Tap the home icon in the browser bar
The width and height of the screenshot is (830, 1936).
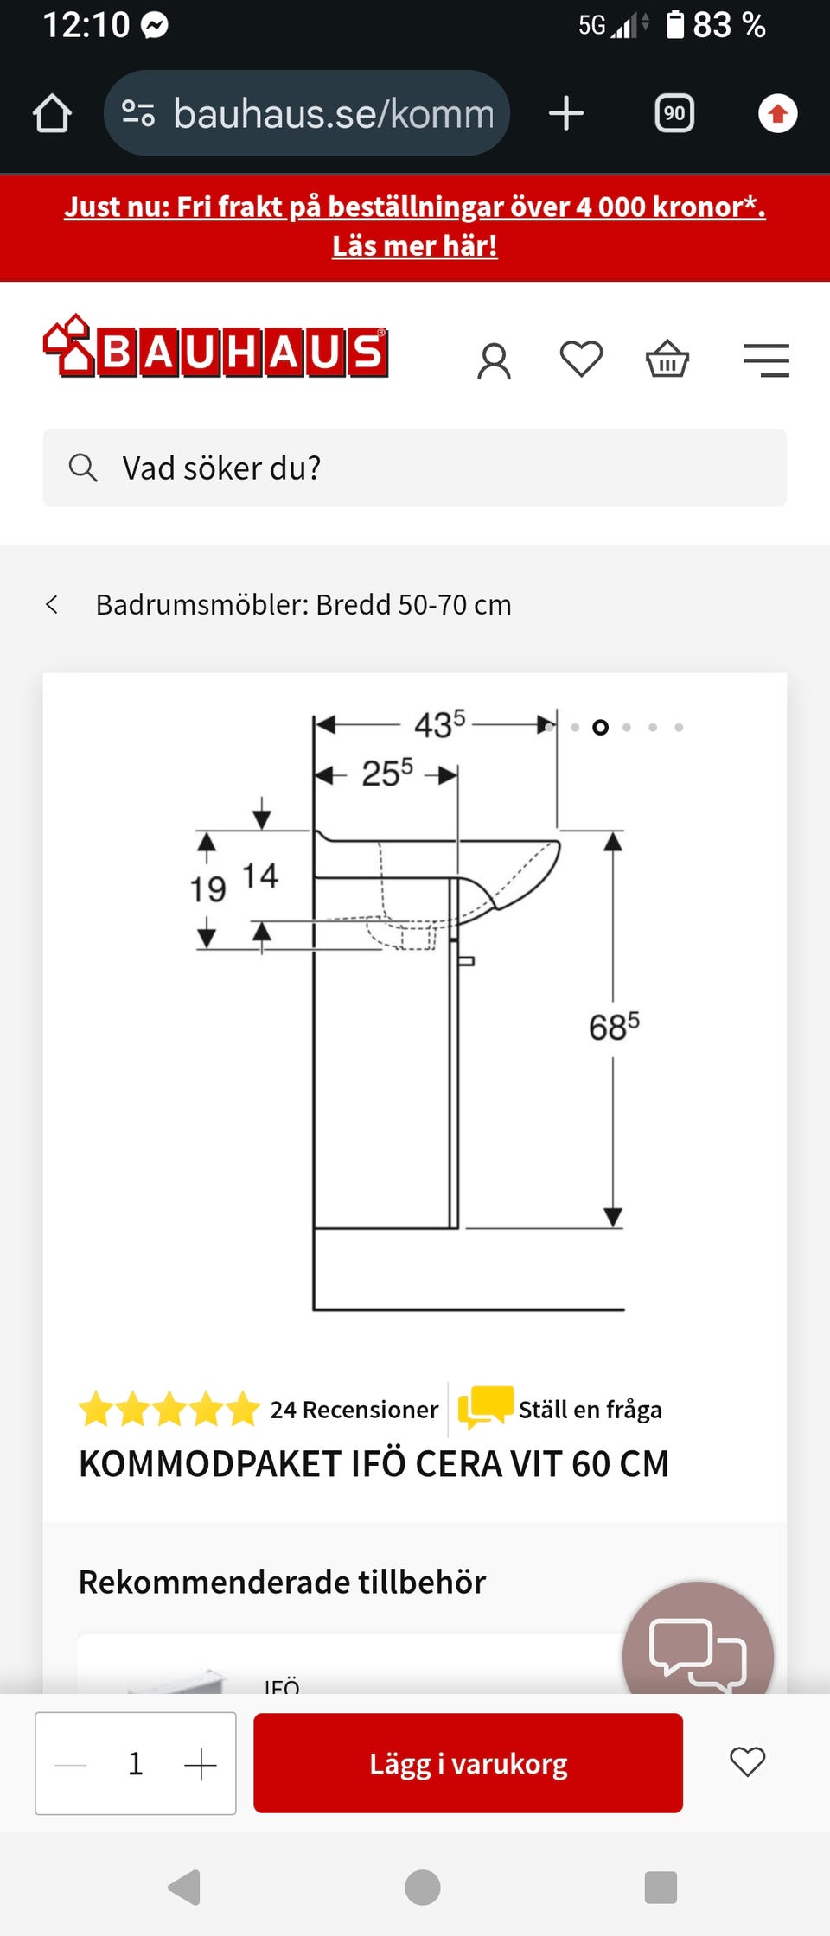click(52, 113)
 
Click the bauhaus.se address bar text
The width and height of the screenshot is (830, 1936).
click(334, 113)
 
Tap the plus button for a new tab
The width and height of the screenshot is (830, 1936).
click(566, 113)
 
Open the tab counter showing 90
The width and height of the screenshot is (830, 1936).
click(674, 113)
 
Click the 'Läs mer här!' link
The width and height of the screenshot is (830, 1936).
click(415, 246)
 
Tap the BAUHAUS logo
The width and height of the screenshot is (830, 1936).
click(215, 347)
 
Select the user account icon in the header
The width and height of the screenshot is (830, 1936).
click(495, 360)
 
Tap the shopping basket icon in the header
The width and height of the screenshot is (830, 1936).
click(667, 359)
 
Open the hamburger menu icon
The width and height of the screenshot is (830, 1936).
click(766, 360)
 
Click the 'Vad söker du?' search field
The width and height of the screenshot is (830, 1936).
click(415, 468)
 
